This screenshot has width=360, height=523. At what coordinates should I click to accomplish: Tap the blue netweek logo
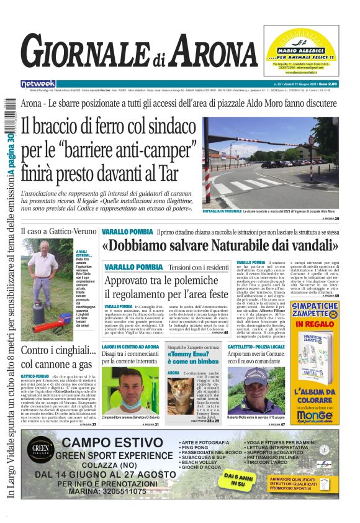(x=38, y=83)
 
